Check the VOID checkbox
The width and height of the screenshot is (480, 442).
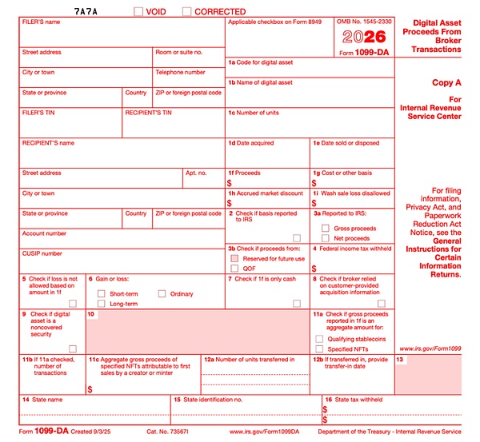(138, 11)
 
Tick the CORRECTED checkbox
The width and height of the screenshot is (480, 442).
(187, 11)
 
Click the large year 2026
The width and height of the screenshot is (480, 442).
(363, 37)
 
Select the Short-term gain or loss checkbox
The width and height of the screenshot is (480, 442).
(102, 293)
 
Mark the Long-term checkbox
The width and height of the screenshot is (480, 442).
(102, 304)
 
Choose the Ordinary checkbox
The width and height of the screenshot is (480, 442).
(162, 293)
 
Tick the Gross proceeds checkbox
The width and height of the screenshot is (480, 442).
(326, 228)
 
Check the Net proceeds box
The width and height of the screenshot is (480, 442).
(326, 238)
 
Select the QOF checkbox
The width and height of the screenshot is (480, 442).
(234, 269)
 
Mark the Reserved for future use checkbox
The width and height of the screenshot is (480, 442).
(234, 258)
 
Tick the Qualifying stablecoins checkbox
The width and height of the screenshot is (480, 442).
(320, 338)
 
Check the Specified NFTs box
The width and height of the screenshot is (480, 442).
(320, 348)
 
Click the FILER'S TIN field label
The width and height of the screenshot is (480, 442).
(38, 113)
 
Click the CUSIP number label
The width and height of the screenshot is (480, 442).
(42, 253)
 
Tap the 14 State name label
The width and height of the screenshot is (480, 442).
(42, 399)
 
